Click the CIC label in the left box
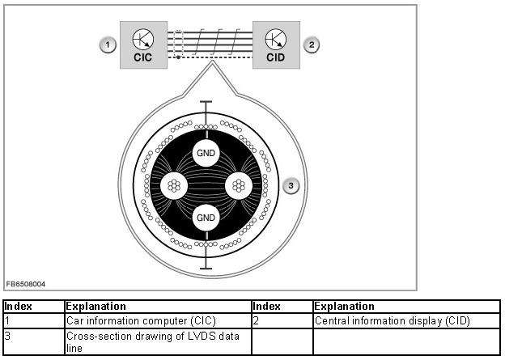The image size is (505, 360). click(143, 57)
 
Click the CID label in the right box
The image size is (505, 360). click(276, 57)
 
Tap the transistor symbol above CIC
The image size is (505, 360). click(143, 38)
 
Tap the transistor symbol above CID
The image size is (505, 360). click(276, 38)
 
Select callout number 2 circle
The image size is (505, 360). click(312, 44)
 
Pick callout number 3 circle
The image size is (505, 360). click(293, 185)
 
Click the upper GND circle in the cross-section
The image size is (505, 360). click(206, 153)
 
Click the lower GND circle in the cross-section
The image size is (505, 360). click(206, 217)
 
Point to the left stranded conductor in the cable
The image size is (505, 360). click(174, 185)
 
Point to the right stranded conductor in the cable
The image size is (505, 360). click(238, 185)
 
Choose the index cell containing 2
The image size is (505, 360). click(282, 321)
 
